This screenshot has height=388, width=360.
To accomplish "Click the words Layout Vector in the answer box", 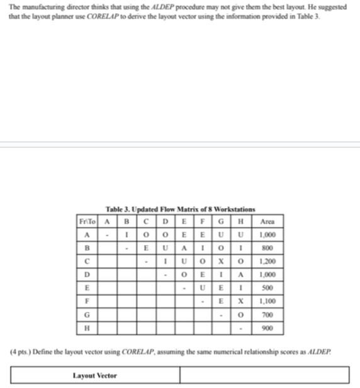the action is coord(95,375).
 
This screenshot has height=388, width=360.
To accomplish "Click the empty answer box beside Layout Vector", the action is coord(264,375).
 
